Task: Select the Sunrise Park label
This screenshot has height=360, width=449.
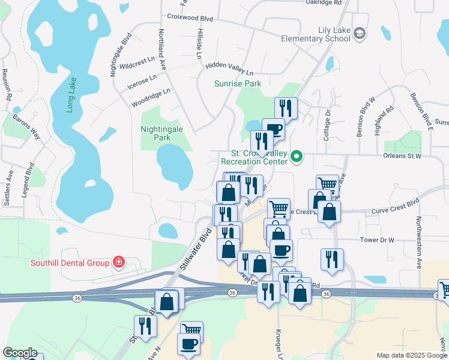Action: [x=238, y=83]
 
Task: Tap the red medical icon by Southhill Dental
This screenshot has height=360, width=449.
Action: [x=119, y=262]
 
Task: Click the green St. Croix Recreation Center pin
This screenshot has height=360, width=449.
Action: [x=296, y=157]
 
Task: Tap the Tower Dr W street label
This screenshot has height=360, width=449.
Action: [x=376, y=240]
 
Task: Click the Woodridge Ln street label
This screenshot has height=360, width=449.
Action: [x=151, y=98]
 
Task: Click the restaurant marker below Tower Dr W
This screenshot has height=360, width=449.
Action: [x=332, y=259]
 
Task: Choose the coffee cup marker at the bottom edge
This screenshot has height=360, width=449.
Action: [x=188, y=344]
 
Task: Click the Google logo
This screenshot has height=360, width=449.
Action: [x=20, y=353]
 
